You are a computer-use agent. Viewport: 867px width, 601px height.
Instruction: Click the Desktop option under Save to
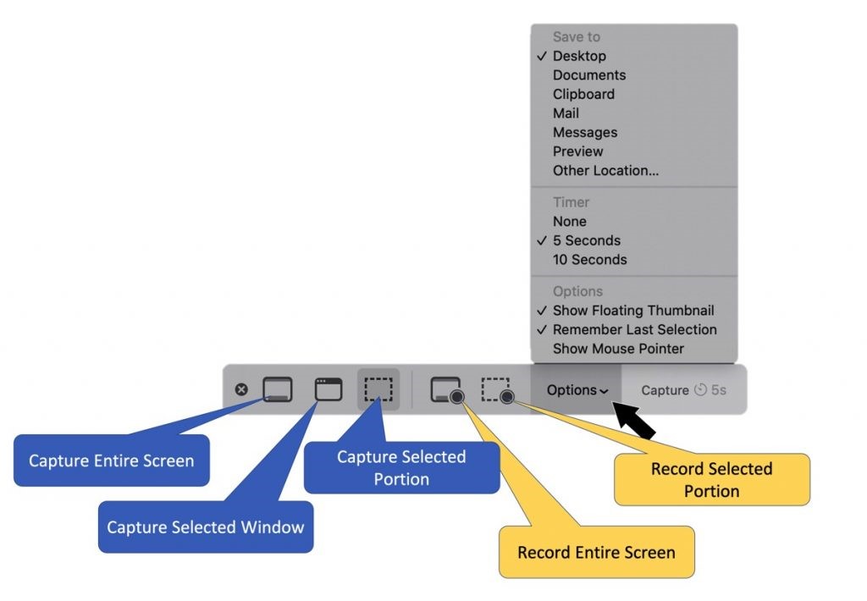(579, 56)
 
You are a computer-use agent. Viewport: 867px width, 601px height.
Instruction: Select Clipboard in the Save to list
(583, 94)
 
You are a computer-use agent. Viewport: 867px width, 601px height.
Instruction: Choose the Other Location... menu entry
(605, 170)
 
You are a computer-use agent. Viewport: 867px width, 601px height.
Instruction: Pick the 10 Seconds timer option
(589, 260)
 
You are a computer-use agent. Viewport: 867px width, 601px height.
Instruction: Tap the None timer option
(569, 221)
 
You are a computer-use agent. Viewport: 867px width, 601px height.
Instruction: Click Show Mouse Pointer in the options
(618, 349)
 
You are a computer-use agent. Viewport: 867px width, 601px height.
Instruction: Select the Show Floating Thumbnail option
(633, 311)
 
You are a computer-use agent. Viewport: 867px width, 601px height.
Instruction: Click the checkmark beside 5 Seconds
(542, 240)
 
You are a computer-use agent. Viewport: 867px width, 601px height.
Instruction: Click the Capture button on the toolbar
(665, 390)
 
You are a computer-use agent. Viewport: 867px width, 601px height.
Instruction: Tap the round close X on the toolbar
(241, 389)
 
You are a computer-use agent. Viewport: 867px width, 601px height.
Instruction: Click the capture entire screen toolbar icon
(277, 389)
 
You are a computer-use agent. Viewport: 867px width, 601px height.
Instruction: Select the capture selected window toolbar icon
(328, 389)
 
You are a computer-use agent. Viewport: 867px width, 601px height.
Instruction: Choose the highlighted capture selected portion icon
(378, 389)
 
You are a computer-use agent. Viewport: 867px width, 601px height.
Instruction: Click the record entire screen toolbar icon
(446, 390)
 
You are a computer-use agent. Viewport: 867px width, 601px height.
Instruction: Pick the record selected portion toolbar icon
(497, 390)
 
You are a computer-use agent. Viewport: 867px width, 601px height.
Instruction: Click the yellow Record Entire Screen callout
(596, 553)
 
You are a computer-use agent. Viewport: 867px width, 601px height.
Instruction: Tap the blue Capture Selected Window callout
(205, 527)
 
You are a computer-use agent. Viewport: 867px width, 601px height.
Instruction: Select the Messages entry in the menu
(585, 132)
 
